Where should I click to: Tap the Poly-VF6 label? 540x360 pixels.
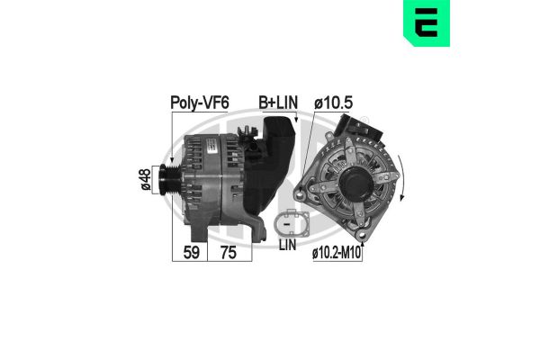[200, 103]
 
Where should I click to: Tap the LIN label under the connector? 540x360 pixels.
[287, 244]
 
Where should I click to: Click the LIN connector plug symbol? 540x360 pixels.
[291, 221]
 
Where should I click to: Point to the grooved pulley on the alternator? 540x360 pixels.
[166, 179]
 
